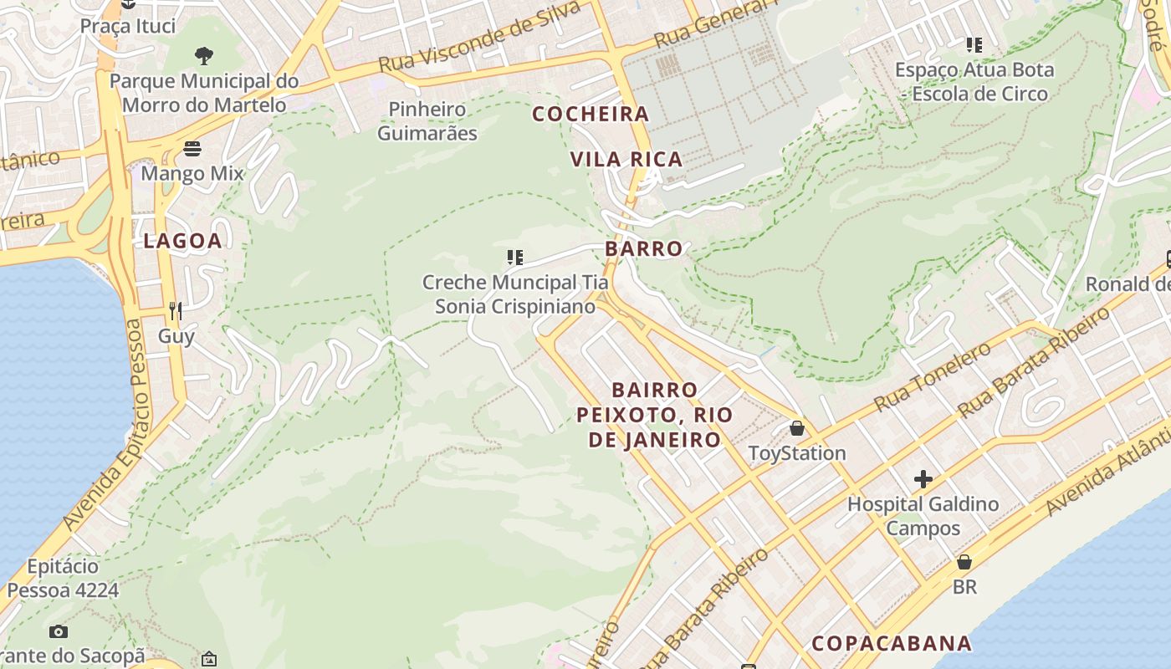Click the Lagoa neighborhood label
(182, 241)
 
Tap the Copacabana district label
(892, 643)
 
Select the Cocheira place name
(591, 114)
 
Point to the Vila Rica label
(626, 159)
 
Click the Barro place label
(644, 248)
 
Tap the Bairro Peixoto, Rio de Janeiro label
(655, 415)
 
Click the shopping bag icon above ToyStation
(797, 429)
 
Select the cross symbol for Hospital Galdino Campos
(923, 479)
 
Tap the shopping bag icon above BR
(964, 562)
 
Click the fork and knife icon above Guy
(176, 311)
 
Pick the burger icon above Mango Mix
(192, 149)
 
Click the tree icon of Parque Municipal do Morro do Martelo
(203, 56)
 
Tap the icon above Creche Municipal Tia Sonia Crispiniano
(515, 258)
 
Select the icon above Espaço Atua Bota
(974, 44)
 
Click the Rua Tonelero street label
(932, 377)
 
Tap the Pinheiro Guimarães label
(427, 121)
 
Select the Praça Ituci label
(128, 26)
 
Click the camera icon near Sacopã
(58, 631)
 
